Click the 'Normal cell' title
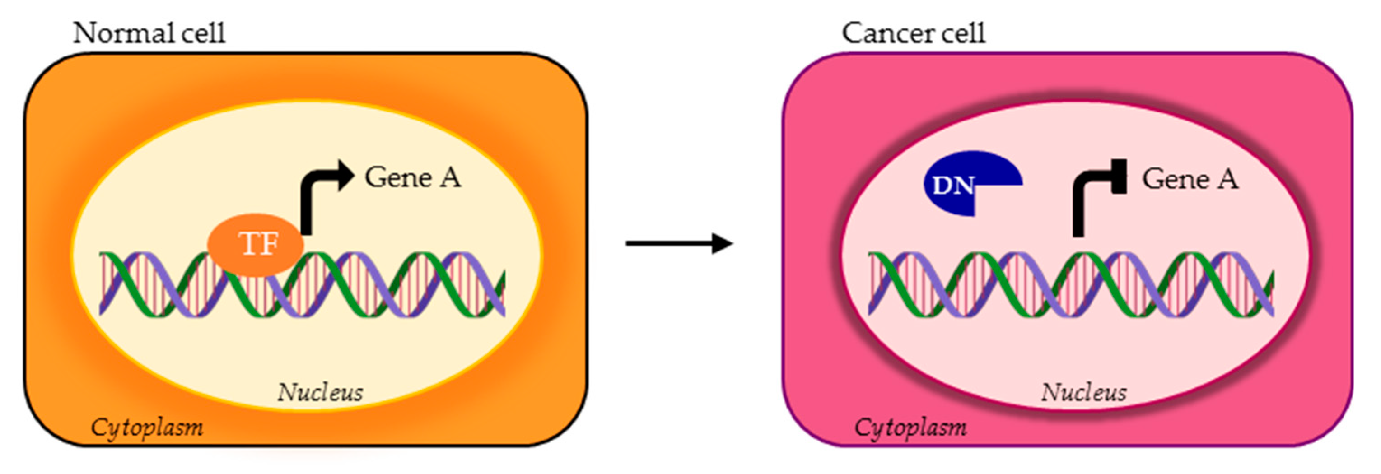(149, 33)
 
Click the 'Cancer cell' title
(913, 33)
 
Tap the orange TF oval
(255, 245)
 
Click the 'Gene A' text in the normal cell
(412, 177)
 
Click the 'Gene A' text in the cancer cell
(1190, 179)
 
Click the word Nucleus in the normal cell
(320, 392)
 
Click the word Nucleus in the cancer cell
(1083, 392)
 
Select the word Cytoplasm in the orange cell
(147, 428)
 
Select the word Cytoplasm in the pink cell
(910, 428)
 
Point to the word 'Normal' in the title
(123, 33)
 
